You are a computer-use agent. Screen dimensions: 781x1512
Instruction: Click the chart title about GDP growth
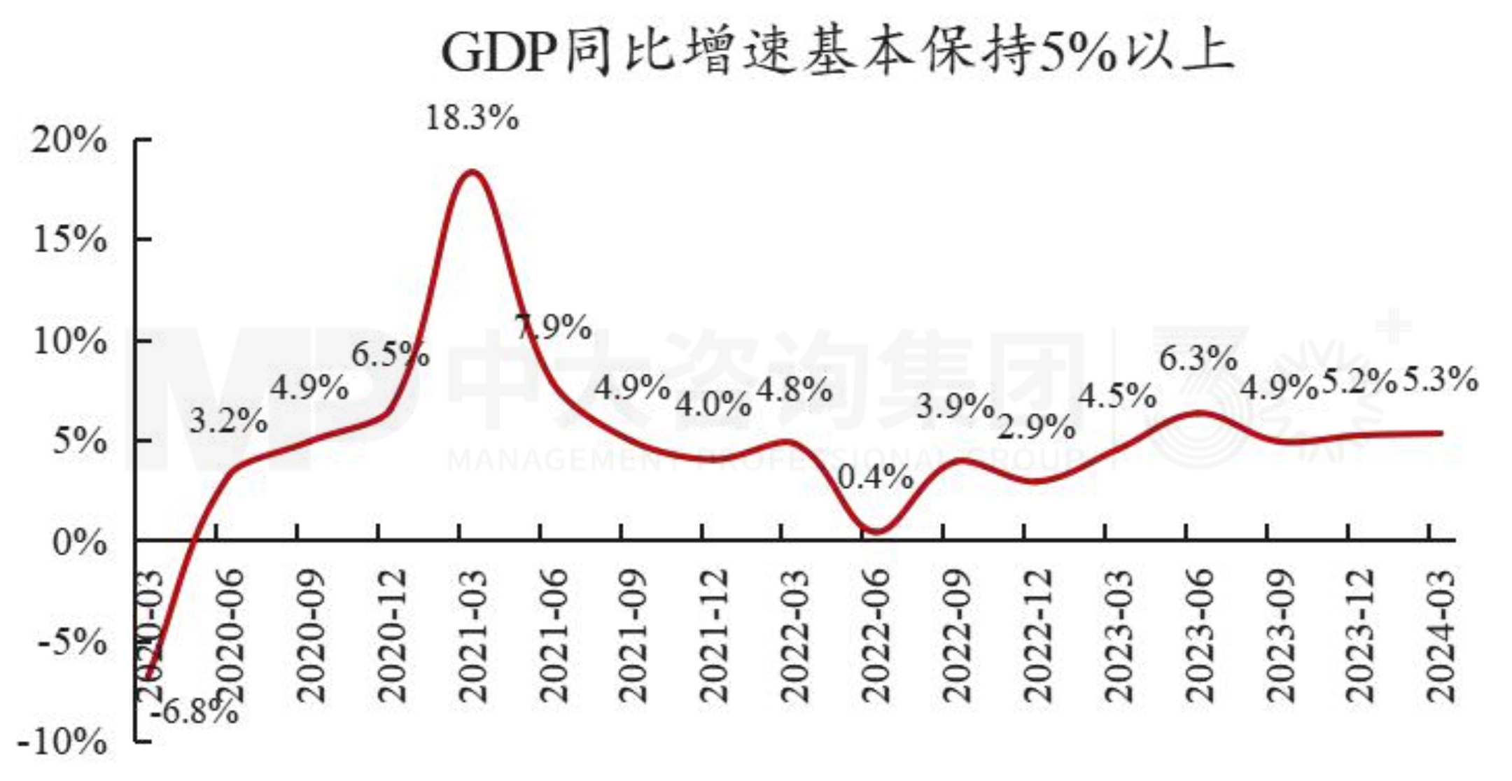(x=837, y=53)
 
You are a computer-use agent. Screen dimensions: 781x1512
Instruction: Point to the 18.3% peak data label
(x=472, y=118)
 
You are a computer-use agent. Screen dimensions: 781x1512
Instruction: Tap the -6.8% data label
(x=195, y=712)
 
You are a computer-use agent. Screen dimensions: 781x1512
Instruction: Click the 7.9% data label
(x=554, y=327)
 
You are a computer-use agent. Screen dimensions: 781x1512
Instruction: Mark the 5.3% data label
(x=1441, y=379)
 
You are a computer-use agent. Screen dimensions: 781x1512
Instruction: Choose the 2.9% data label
(x=1036, y=427)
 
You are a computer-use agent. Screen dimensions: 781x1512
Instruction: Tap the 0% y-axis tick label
(x=79, y=542)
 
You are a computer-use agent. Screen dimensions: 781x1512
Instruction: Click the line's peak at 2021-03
(x=472, y=171)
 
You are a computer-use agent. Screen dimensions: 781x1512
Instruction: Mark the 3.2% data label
(x=228, y=421)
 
